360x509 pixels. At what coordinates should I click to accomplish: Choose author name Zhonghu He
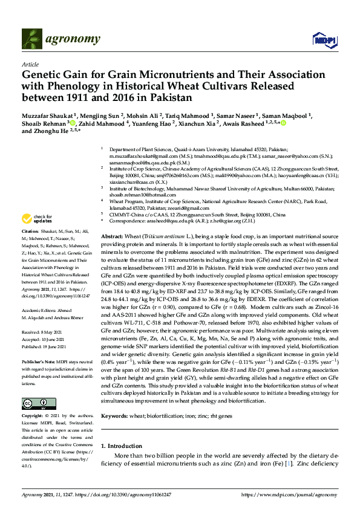point(53,138)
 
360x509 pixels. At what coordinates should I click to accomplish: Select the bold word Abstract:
point(113,236)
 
